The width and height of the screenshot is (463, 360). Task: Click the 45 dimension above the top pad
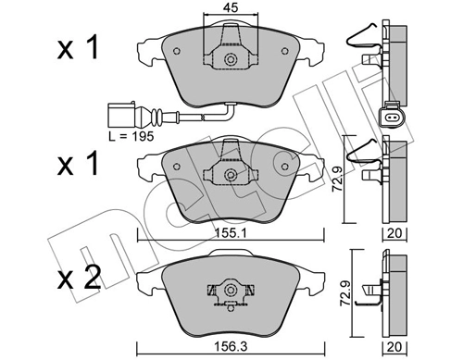pos(229,9)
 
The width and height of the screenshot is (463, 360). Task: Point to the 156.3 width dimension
pos(229,350)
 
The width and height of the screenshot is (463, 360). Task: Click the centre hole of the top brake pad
pos(230,61)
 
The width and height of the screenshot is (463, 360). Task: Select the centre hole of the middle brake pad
pos(230,173)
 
